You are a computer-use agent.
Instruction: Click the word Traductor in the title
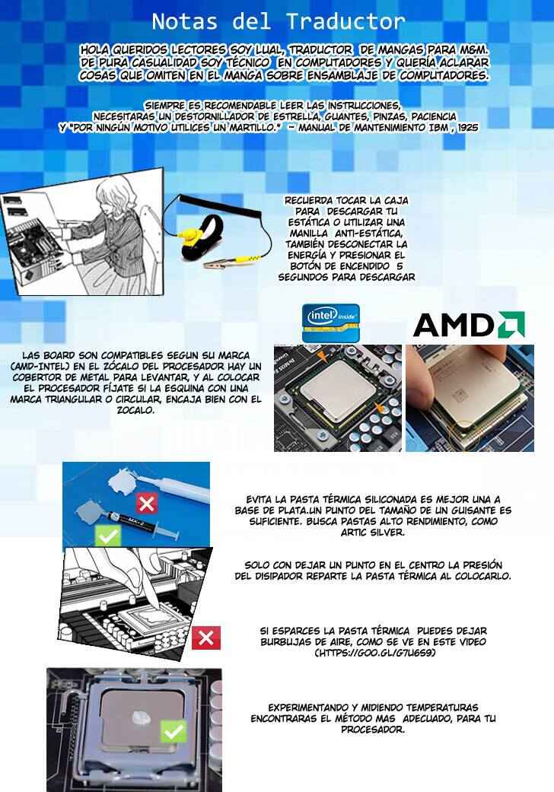(x=346, y=22)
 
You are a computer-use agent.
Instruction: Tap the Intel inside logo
(x=331, y=323)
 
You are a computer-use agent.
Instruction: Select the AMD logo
(x=469, y=324)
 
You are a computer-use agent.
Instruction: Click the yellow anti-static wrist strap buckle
(x=193, y=234)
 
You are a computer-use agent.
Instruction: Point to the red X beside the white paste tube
(x=146, y=504)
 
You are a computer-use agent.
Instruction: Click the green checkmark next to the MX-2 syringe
(x=108, y=536)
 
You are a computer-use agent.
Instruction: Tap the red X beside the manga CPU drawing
(x=206, y=638)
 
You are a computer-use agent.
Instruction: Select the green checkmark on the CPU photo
(x=174, y=731)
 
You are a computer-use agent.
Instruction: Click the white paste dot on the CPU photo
(x=142, y=717)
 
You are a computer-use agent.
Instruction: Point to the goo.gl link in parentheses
(x=374, y=653)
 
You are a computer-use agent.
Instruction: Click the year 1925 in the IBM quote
(x=468, y=128)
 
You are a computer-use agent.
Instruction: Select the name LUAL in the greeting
(x=272, y=49)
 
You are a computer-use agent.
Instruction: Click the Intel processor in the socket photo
(x=337, y=392)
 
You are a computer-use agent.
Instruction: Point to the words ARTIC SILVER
(x=373, y=533)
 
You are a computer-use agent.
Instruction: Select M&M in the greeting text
(x=474, y=49)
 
